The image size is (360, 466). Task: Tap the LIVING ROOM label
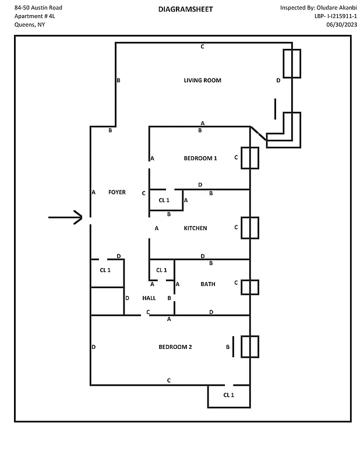(x=202, y=80)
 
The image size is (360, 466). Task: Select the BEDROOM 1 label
(x=200, y=158)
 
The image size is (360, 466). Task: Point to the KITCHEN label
(x=195, y=228)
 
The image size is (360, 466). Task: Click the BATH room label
(x=208, y=284)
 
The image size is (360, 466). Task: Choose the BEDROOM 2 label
(x=175, y=347)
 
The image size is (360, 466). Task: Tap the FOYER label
(x=117, y=192)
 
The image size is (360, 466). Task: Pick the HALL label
(x=149, y=298)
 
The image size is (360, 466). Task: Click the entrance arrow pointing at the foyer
(x=66, y=218)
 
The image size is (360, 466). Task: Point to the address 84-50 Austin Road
(x=38, y=8)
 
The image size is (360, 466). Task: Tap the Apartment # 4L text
(x=34, y=16)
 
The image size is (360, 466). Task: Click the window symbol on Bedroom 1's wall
(x=250, y=158)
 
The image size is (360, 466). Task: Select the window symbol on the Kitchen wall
(x=250, y=228)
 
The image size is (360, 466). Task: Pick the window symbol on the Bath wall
(x=250, y=287)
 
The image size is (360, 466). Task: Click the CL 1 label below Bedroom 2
(x=228, y=395)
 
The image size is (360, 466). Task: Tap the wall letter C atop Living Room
(x=202, y=47)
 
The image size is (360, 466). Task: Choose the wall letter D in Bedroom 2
(x=93, y=347)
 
